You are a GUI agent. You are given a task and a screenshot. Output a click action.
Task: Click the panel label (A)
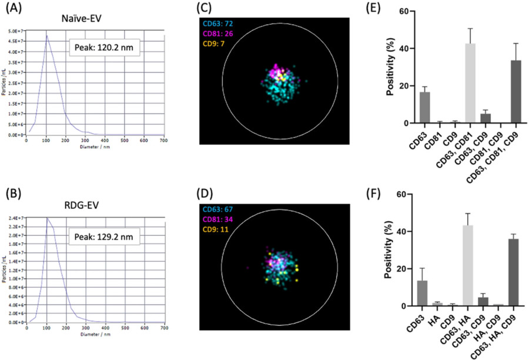tap(10, 8)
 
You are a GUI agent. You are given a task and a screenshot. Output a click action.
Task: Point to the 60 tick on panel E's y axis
tap(387, 11)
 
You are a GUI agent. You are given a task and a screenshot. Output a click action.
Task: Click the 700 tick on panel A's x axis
tap(164, 139)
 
